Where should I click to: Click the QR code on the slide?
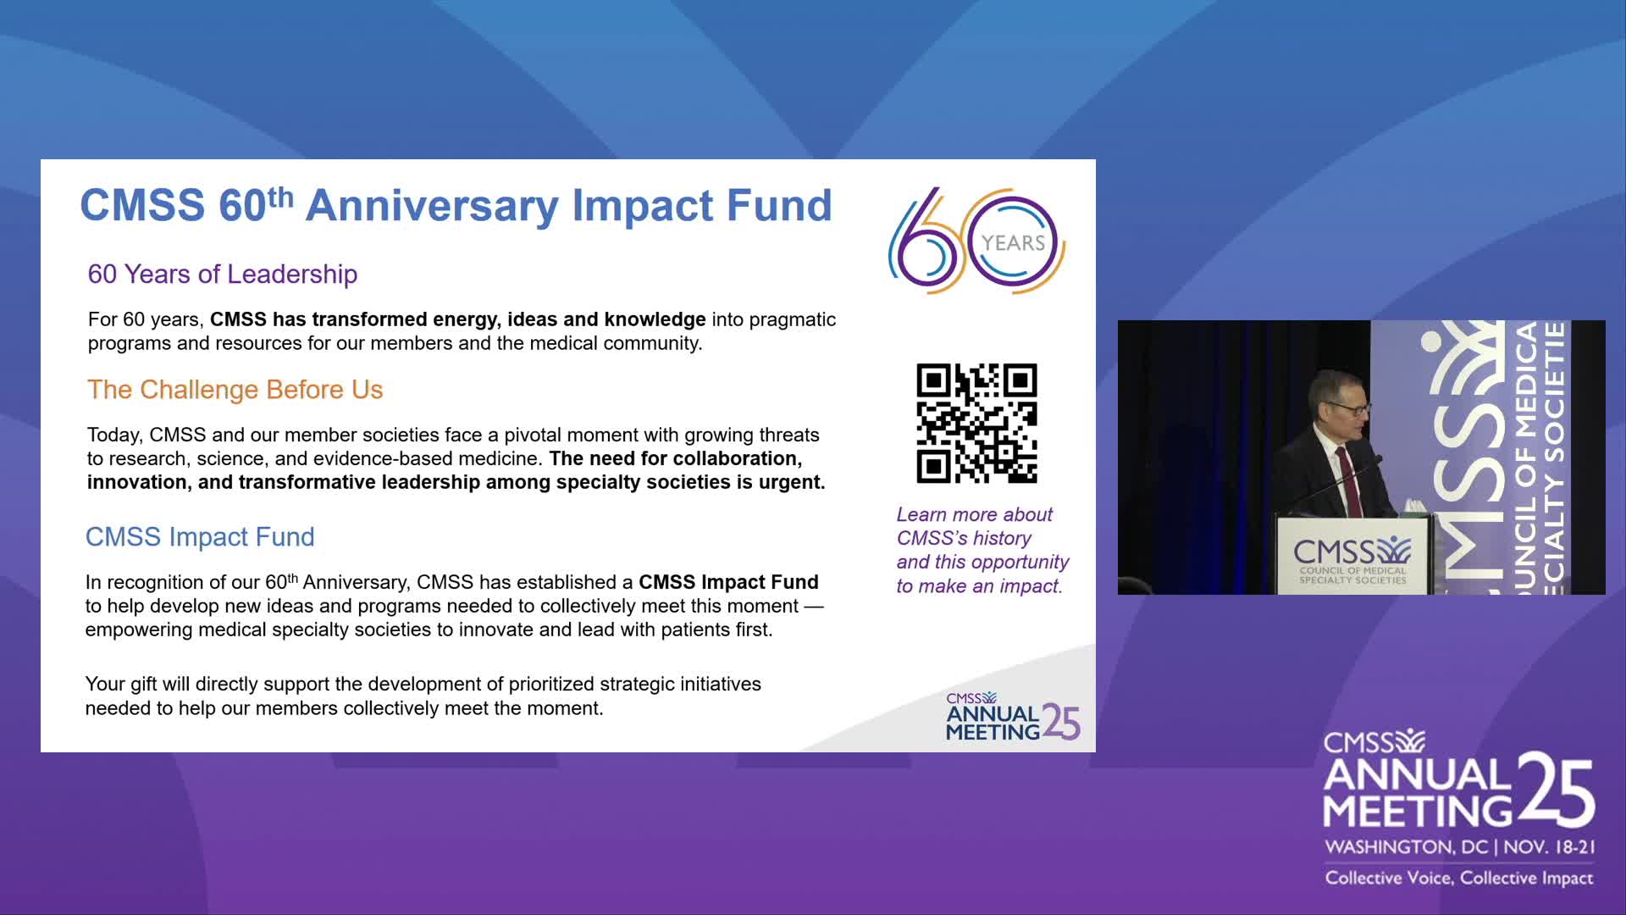(976, 424)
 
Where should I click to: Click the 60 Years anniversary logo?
(976, 241)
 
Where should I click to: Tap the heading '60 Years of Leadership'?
(223, 274)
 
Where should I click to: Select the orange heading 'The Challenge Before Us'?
(235, 390)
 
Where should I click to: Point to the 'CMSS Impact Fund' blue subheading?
(200, 537)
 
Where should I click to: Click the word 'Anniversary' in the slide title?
(432, 206)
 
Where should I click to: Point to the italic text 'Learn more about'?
(975, 515)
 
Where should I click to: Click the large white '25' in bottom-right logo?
(1557, 790)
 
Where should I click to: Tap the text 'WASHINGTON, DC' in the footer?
(1406, 847)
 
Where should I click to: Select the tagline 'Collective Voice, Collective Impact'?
(1459, 879)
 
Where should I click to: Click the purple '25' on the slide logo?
(1061, 722)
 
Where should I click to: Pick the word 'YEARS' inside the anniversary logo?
(1013, 243)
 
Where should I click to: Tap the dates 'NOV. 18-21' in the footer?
(1549, 847)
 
